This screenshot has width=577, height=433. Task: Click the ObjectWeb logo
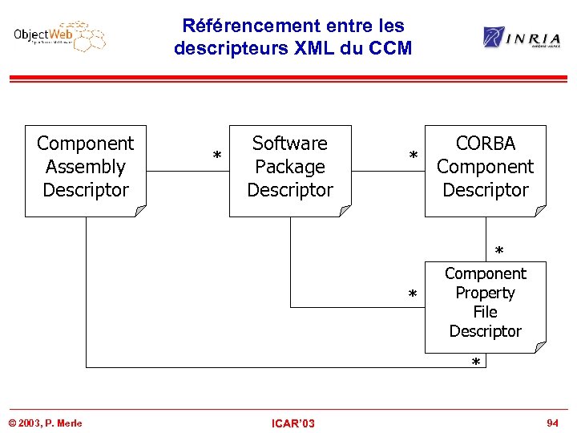click(59, 36)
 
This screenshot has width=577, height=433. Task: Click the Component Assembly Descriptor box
click(86, 170)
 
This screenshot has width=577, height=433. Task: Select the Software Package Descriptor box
click(290, 170)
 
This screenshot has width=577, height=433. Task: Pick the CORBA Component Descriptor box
click(485, 170)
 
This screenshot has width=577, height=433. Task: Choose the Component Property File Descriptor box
click(485, 306)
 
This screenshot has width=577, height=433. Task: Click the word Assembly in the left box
click(86, 167)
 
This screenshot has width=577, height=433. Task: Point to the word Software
click(290, 144)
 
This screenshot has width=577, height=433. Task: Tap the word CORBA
click(486, 144)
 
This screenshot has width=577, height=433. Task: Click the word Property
click(486, 293)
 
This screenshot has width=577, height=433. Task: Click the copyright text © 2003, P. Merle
click(45, 423)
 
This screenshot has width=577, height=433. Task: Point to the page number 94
click(552, 422)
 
